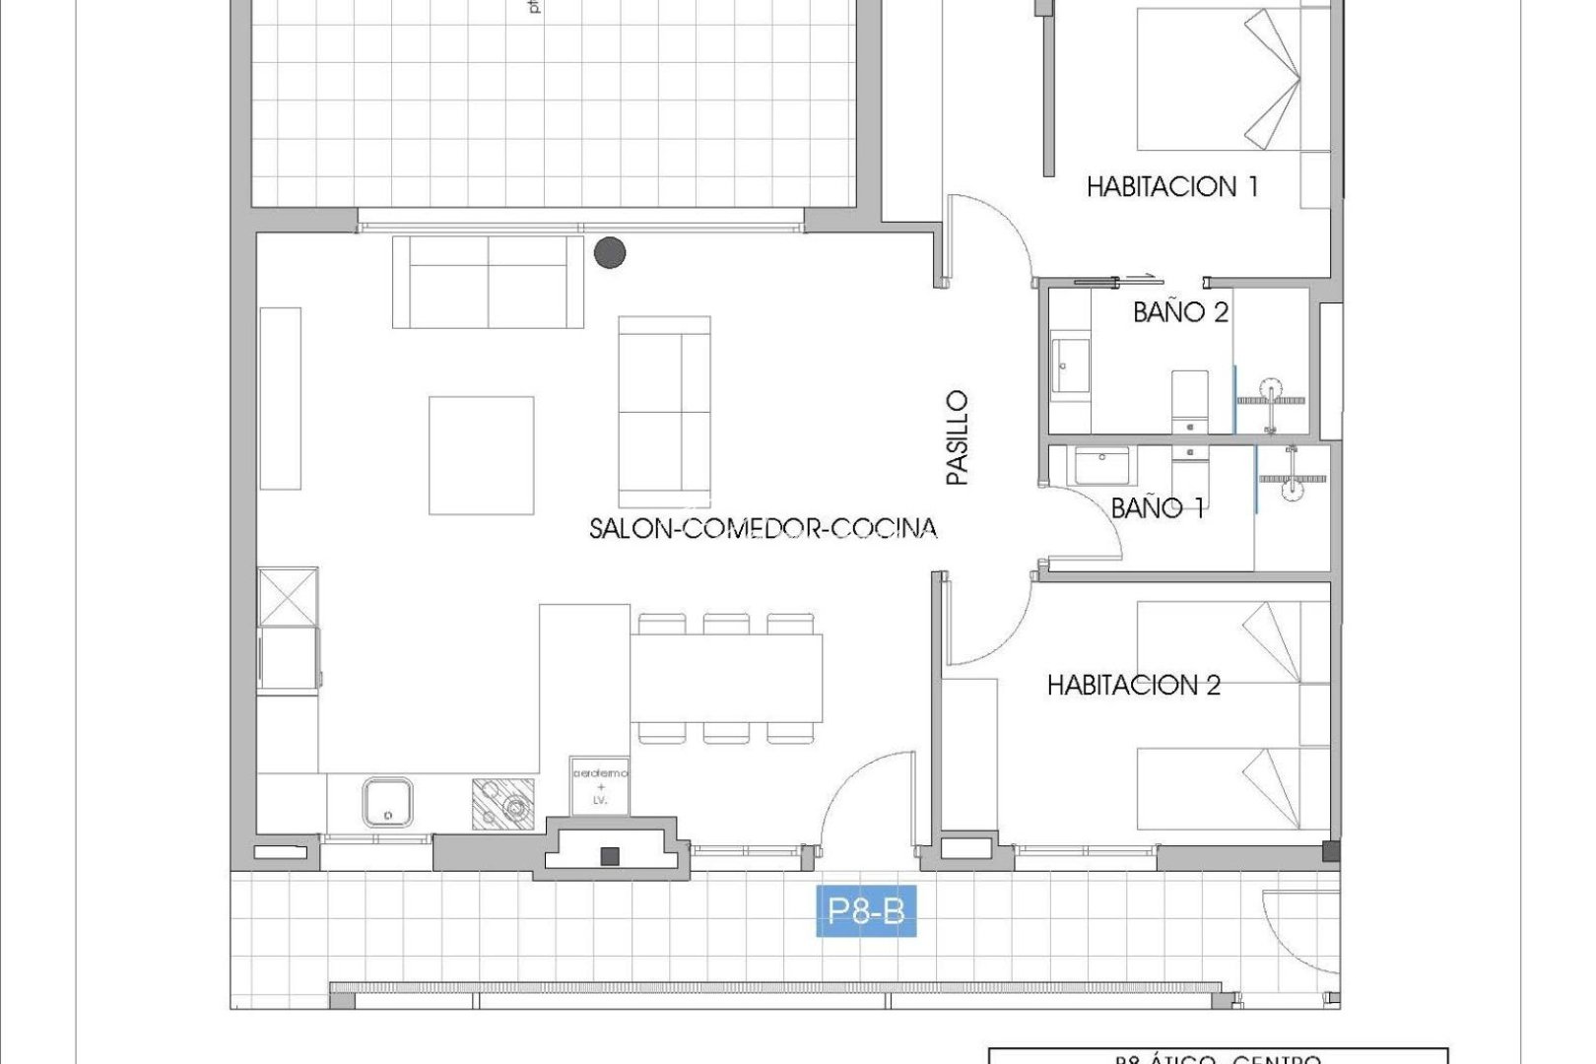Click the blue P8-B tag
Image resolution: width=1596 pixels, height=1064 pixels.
pos(866,910)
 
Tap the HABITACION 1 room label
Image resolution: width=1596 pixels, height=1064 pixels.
pos(1171,186)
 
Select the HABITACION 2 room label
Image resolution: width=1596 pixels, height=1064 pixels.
pos(1133,685)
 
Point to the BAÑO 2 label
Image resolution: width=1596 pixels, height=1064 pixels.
pos(1180,312)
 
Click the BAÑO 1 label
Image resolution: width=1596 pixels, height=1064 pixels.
pos(1157,508)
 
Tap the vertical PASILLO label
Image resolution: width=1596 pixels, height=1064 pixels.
pos(957,437)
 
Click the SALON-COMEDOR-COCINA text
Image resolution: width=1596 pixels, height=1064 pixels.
pos(763,529)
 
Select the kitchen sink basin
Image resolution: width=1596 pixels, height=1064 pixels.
pos(387,802)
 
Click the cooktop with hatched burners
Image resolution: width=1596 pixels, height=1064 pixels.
pos(503,804)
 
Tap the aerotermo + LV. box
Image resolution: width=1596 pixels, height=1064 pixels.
pos(599,786)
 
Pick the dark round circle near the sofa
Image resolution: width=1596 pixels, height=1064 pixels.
pos(610,253)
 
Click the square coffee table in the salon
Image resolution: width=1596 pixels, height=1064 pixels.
pos(481,455)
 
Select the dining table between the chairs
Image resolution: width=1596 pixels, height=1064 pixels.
pos(726,679)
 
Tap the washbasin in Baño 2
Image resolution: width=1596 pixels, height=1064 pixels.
pos(1070,366)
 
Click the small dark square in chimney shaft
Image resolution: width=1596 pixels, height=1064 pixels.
pos(610,856)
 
